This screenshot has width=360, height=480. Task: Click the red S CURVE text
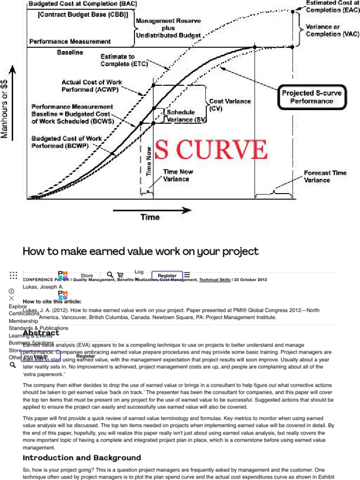pyautogui.click(x=211, y=150)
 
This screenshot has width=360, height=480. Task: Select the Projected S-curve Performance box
pyautogui.click(x=312, y=97)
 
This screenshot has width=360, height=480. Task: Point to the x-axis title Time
pyautogui.click(x=150, y=217)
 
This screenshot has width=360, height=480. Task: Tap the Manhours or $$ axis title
pyautogui.click(x=5, y=108)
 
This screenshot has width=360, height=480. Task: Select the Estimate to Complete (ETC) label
pyautogui.click(x=117, y=60)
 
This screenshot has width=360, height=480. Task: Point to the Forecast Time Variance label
pyautogui.click(x=325, y=176)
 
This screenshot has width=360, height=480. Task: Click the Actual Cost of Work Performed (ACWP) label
pyautogui.click(x=92, y=85)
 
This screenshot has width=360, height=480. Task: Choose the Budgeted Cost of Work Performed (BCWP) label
pyautogui.click(x=67, y=142)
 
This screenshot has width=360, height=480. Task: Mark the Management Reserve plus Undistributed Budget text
pyautogui.click(x=168, y=28)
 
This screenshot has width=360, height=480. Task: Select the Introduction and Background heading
pyautogui.click(x=82, y=457)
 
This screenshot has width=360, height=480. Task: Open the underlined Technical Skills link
pyautogui.click(x=214, y=280)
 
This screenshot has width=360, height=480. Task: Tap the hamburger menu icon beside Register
pyautogui.click(x=187, y=275)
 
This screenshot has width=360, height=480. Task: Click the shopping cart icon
pyautogui.click(x=120, y=275)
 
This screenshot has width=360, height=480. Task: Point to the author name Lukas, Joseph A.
pyautogui.click(x=43, y=286)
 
